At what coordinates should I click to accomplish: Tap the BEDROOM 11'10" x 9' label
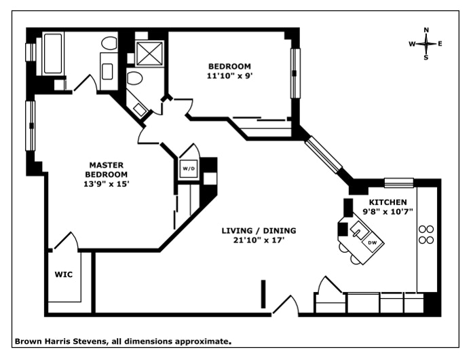click(x=229, y=71)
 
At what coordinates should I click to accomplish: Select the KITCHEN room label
click(x=388, y=206)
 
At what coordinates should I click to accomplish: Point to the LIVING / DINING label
click(x=259, y=234)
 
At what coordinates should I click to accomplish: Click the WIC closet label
click(x=63, y=275)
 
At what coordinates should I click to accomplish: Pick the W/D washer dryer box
click(x=187, y=167)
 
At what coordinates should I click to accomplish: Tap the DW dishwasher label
click(x=372, y=242)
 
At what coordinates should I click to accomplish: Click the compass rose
click(x=426, y=43)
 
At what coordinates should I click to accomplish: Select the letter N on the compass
click(x=426, y=30)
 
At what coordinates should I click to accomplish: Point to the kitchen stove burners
click(x=426, y=234)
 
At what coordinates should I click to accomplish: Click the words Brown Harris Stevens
click(x=60, y=342)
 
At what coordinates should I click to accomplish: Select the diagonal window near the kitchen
click(x=324, y=154)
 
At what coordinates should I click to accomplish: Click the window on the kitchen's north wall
click(x=398, y=182)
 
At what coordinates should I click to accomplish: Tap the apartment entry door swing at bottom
click(x=286, y=306)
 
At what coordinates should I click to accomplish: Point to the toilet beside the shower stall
click(x=135, y=78)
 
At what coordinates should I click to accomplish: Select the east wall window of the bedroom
click(x=295, y=73)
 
